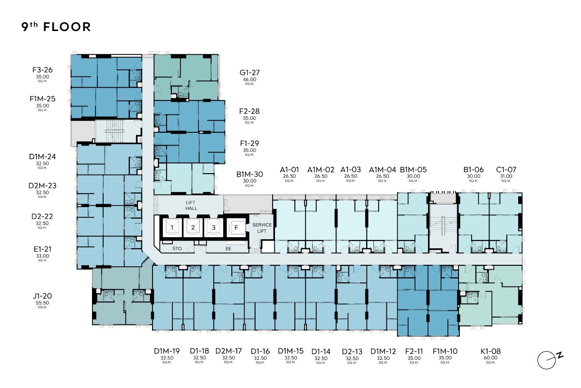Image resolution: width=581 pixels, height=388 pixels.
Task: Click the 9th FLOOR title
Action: point(56,27)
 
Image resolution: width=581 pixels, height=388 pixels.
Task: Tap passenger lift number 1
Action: point(172,227)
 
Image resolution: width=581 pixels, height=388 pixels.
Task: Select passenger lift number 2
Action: point(193,227)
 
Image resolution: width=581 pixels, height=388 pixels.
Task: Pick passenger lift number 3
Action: point(214,227)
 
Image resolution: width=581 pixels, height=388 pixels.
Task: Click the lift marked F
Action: point(236,227)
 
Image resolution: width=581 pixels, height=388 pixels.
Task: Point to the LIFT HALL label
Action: point(191,205)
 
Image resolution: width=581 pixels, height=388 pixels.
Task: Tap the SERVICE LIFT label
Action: point(262,228)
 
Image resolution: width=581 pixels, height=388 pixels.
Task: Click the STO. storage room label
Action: point(177,249)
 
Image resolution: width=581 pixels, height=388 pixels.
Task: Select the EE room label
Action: point(228,249)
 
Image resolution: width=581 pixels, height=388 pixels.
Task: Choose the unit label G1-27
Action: point(249,72)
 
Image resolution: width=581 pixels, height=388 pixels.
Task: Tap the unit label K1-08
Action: point(490,351)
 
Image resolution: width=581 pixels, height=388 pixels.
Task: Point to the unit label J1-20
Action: point(42,296)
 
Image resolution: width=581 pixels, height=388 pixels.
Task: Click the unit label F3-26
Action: point(43,70)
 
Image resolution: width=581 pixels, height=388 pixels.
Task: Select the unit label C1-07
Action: point(506,170)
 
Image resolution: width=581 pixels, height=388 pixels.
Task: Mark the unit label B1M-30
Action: point(249,175)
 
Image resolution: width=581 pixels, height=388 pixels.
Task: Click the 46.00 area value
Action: point(249,80)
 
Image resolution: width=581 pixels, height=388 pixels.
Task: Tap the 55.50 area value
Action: point(42,303)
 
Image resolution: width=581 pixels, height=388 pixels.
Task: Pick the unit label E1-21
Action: point(43,249)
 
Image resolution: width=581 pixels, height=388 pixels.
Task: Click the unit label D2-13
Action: point(352,352)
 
